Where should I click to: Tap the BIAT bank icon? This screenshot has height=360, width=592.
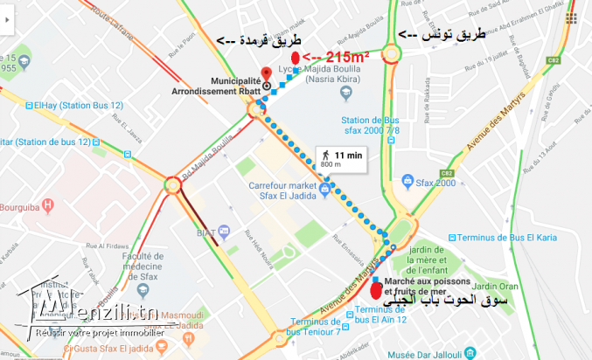(225, 232)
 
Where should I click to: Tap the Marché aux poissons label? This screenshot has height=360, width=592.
(427, 285)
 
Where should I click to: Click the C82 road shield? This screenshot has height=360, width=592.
(553, 59)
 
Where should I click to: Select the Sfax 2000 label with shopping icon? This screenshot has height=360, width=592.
(434, 183)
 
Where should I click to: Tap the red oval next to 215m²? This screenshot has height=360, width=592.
(296, 58)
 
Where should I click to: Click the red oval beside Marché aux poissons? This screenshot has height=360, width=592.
(376, 292)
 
